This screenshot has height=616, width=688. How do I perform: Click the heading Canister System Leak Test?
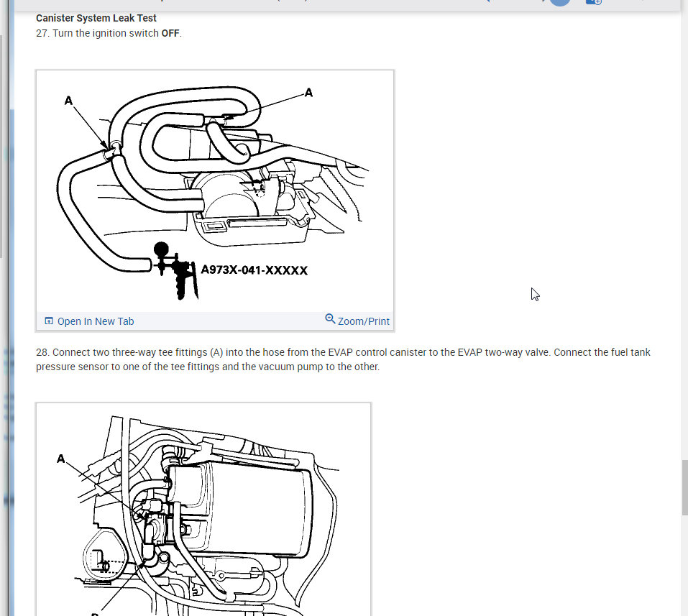click(x=96, y=18)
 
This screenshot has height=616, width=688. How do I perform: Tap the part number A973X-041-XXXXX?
click(x=254, y=270)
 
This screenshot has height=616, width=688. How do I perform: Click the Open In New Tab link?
click(x=95, y=321)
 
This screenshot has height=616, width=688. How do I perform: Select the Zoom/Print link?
click(x=363, y=321)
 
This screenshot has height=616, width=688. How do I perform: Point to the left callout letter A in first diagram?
click(x=68, y=101)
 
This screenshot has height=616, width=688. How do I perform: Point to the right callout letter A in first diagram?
click(x=308, y=92)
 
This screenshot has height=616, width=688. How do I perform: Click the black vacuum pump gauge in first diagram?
click(x=162, y=251)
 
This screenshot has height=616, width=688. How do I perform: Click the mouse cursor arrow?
click(x=535, y=293)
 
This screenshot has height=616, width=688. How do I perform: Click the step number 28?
click(x=42, y=353)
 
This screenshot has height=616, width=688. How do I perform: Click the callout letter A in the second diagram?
click(x=61, y=458)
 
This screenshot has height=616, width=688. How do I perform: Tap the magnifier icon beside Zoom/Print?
click(x=330, y=318)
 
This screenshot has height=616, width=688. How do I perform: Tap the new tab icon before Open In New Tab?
click(x=49, y=321)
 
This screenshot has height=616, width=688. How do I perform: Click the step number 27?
click(x=42, y=33)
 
